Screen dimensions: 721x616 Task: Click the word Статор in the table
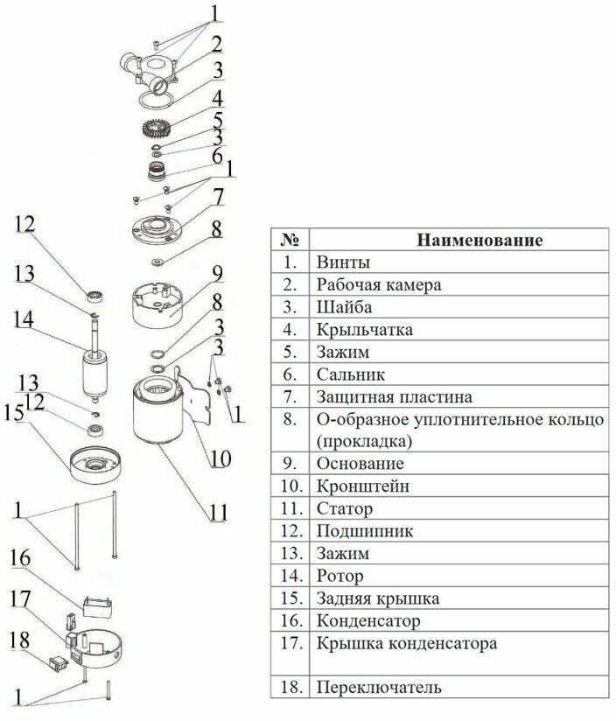point(330,507)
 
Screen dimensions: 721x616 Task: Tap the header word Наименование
point(479,239)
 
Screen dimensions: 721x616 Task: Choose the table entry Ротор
point(327,577)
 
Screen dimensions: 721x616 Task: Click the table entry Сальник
point(339,374)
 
